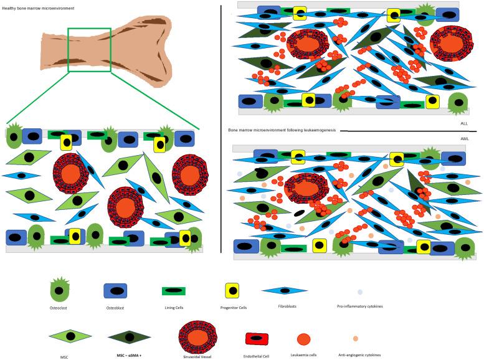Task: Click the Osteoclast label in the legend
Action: [59, 308]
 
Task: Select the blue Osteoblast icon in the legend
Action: [115, 291]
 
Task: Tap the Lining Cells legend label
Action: [174, 308]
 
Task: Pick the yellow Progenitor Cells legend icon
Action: [232, 290]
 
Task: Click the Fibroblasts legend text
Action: [287, 306]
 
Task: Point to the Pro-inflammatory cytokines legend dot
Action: [360, 291]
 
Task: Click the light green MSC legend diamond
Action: [70, 336]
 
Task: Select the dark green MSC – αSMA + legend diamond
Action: [130, 337]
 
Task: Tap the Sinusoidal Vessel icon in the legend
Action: [197, 338]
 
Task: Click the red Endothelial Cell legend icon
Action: [257, 338]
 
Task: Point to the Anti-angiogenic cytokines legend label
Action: [359, 355]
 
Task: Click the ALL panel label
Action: [464, 123]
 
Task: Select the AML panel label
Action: [465, 139]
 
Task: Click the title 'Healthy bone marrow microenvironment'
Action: [38, 8]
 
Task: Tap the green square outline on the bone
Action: [68, 50]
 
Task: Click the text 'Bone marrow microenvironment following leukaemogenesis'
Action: [282, 130]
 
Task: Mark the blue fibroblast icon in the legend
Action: [285, 290]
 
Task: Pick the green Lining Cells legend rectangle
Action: [174, 291]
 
